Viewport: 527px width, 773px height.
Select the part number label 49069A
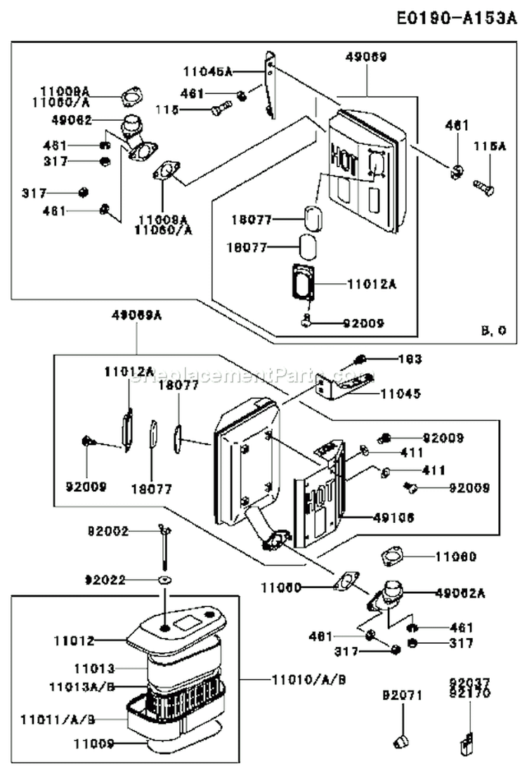click(x=136, y=316)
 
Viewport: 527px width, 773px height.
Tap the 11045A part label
click(x=207, y=71)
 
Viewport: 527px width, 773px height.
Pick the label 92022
click(x=106, y=580)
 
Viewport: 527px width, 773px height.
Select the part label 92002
click(x=108, y=532)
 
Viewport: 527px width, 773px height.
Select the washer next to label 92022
click(x=164, y=580)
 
